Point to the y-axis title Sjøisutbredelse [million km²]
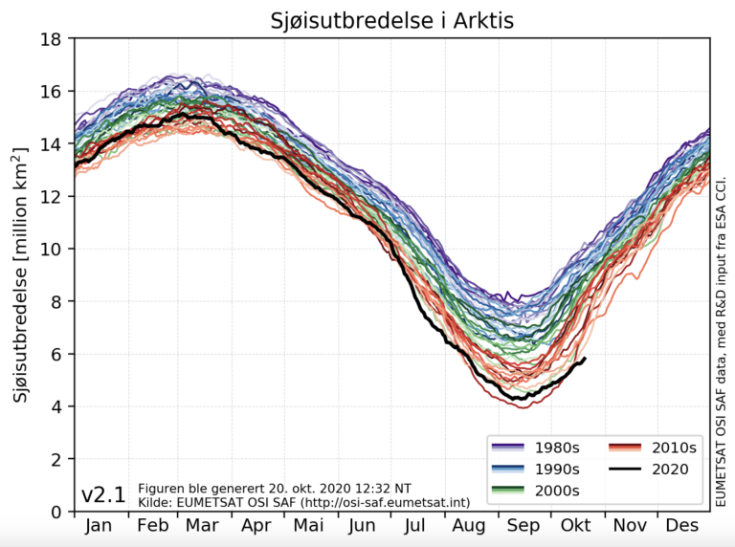[21, 275]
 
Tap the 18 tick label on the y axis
[51, 39]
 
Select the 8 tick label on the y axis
[56, 302]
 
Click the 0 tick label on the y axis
[56, 513]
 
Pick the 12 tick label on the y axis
[51, 197]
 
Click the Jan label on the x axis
[100, 527]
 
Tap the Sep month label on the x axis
[523, 527]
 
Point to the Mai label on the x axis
[309, 527]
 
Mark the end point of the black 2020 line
[585, 359]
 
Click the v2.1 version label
[103, 494]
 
